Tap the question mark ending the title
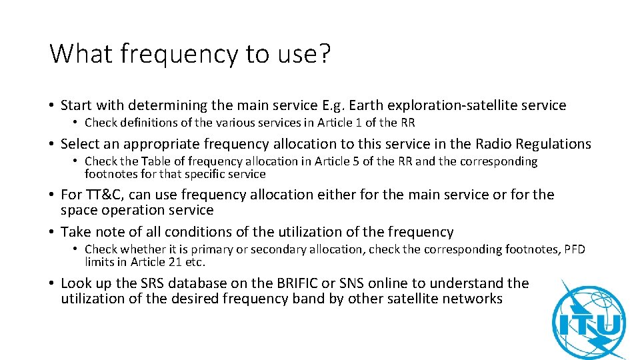323,53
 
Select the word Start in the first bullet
77,105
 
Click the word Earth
366,105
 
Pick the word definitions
141,122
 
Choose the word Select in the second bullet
80,144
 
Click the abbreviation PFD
574,249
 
